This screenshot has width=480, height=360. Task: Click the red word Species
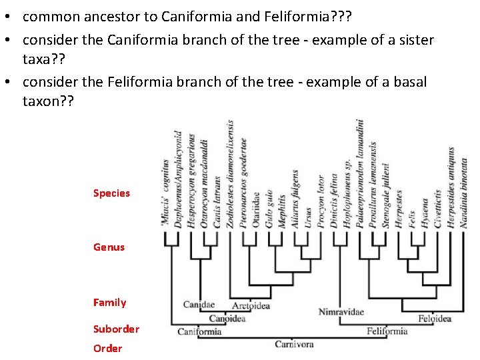coord(111,193)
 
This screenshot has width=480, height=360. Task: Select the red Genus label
coord(109,247)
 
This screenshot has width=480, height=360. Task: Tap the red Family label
coord(109,303)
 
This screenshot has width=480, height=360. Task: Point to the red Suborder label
coord(116,329)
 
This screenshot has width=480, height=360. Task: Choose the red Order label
coord(107,348)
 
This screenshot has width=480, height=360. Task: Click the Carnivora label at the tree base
coord(294,344)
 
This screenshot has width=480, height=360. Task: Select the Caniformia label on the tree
coord(199,331)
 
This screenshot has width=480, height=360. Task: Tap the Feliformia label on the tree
coord(387,331)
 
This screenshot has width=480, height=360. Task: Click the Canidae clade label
coord(199,305)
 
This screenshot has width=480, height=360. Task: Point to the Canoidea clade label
coord(227,318)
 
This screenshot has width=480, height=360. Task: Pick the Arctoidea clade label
coord(251,305)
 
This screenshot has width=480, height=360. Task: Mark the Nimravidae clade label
coord(341,311)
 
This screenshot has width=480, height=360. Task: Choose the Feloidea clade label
coord(434,318)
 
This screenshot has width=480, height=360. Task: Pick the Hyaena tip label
coord(425,212)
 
